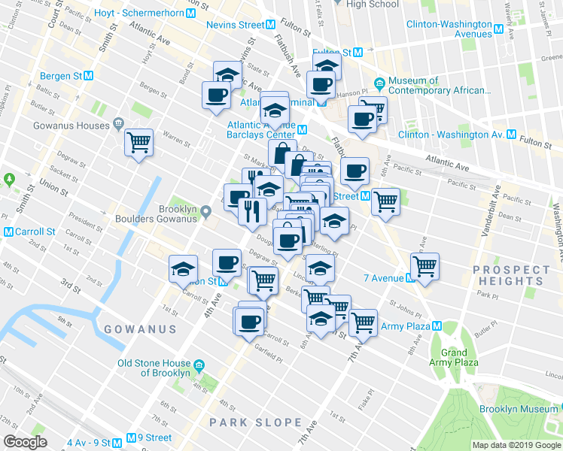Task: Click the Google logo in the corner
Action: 25,442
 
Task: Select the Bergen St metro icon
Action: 89,76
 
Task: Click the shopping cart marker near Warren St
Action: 138,141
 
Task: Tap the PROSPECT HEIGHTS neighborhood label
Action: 512,275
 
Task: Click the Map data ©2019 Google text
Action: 516,445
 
